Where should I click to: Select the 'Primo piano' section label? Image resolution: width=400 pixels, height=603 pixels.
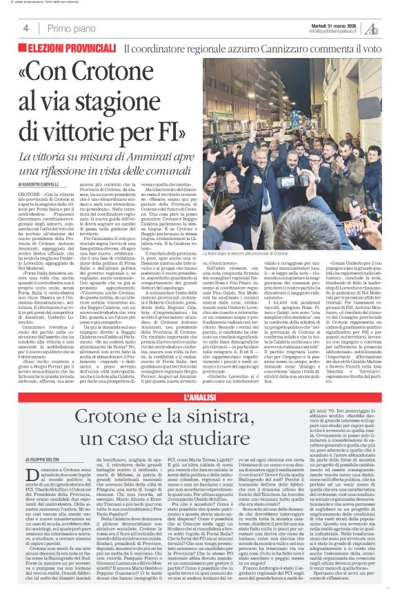coord(68,28)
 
